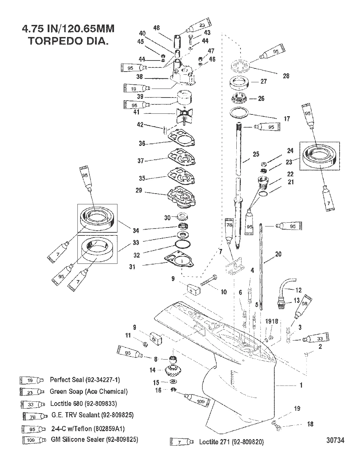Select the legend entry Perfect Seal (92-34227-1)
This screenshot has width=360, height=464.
pos(85,380)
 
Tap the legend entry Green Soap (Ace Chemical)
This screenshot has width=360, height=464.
pos(89,391)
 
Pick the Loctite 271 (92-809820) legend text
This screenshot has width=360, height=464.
pos(231,442)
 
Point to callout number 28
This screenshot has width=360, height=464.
pos(286,76)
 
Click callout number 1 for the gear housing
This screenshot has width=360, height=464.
pos(301,385)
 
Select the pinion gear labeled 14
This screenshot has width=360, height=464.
pos(171,371)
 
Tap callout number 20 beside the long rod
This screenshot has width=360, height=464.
pos(278,254)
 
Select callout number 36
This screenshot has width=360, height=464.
pos(142,143)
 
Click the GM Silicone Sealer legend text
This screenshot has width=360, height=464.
pos(94,439)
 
